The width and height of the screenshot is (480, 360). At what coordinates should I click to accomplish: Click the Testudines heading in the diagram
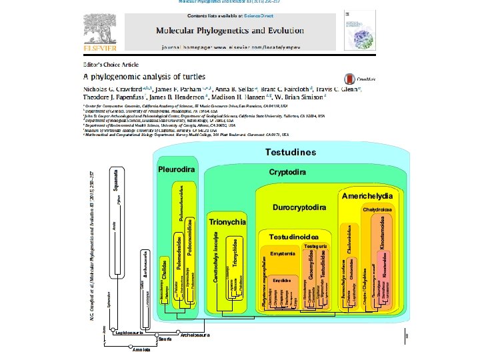pyautogui.click(x=290, y=153)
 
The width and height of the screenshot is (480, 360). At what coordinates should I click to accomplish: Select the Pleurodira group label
pyautogui.click(x=177, y=169)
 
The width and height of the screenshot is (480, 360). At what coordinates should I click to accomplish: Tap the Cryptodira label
pyautogui.click(x=287, y=172)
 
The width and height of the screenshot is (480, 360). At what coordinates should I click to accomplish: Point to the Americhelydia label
pyautogui.click(x=369, y=197)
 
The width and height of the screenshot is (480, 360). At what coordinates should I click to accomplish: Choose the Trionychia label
pyautogui.click(x=228, y=221)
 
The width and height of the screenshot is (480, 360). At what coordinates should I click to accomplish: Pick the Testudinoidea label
pyautogui.click(x=298, y=237)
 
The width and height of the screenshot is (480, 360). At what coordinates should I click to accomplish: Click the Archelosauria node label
pyautogui.click(x=195, y=335)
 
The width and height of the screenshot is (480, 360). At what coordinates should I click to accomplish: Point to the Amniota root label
pyautogui.click(x=142, y=349)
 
